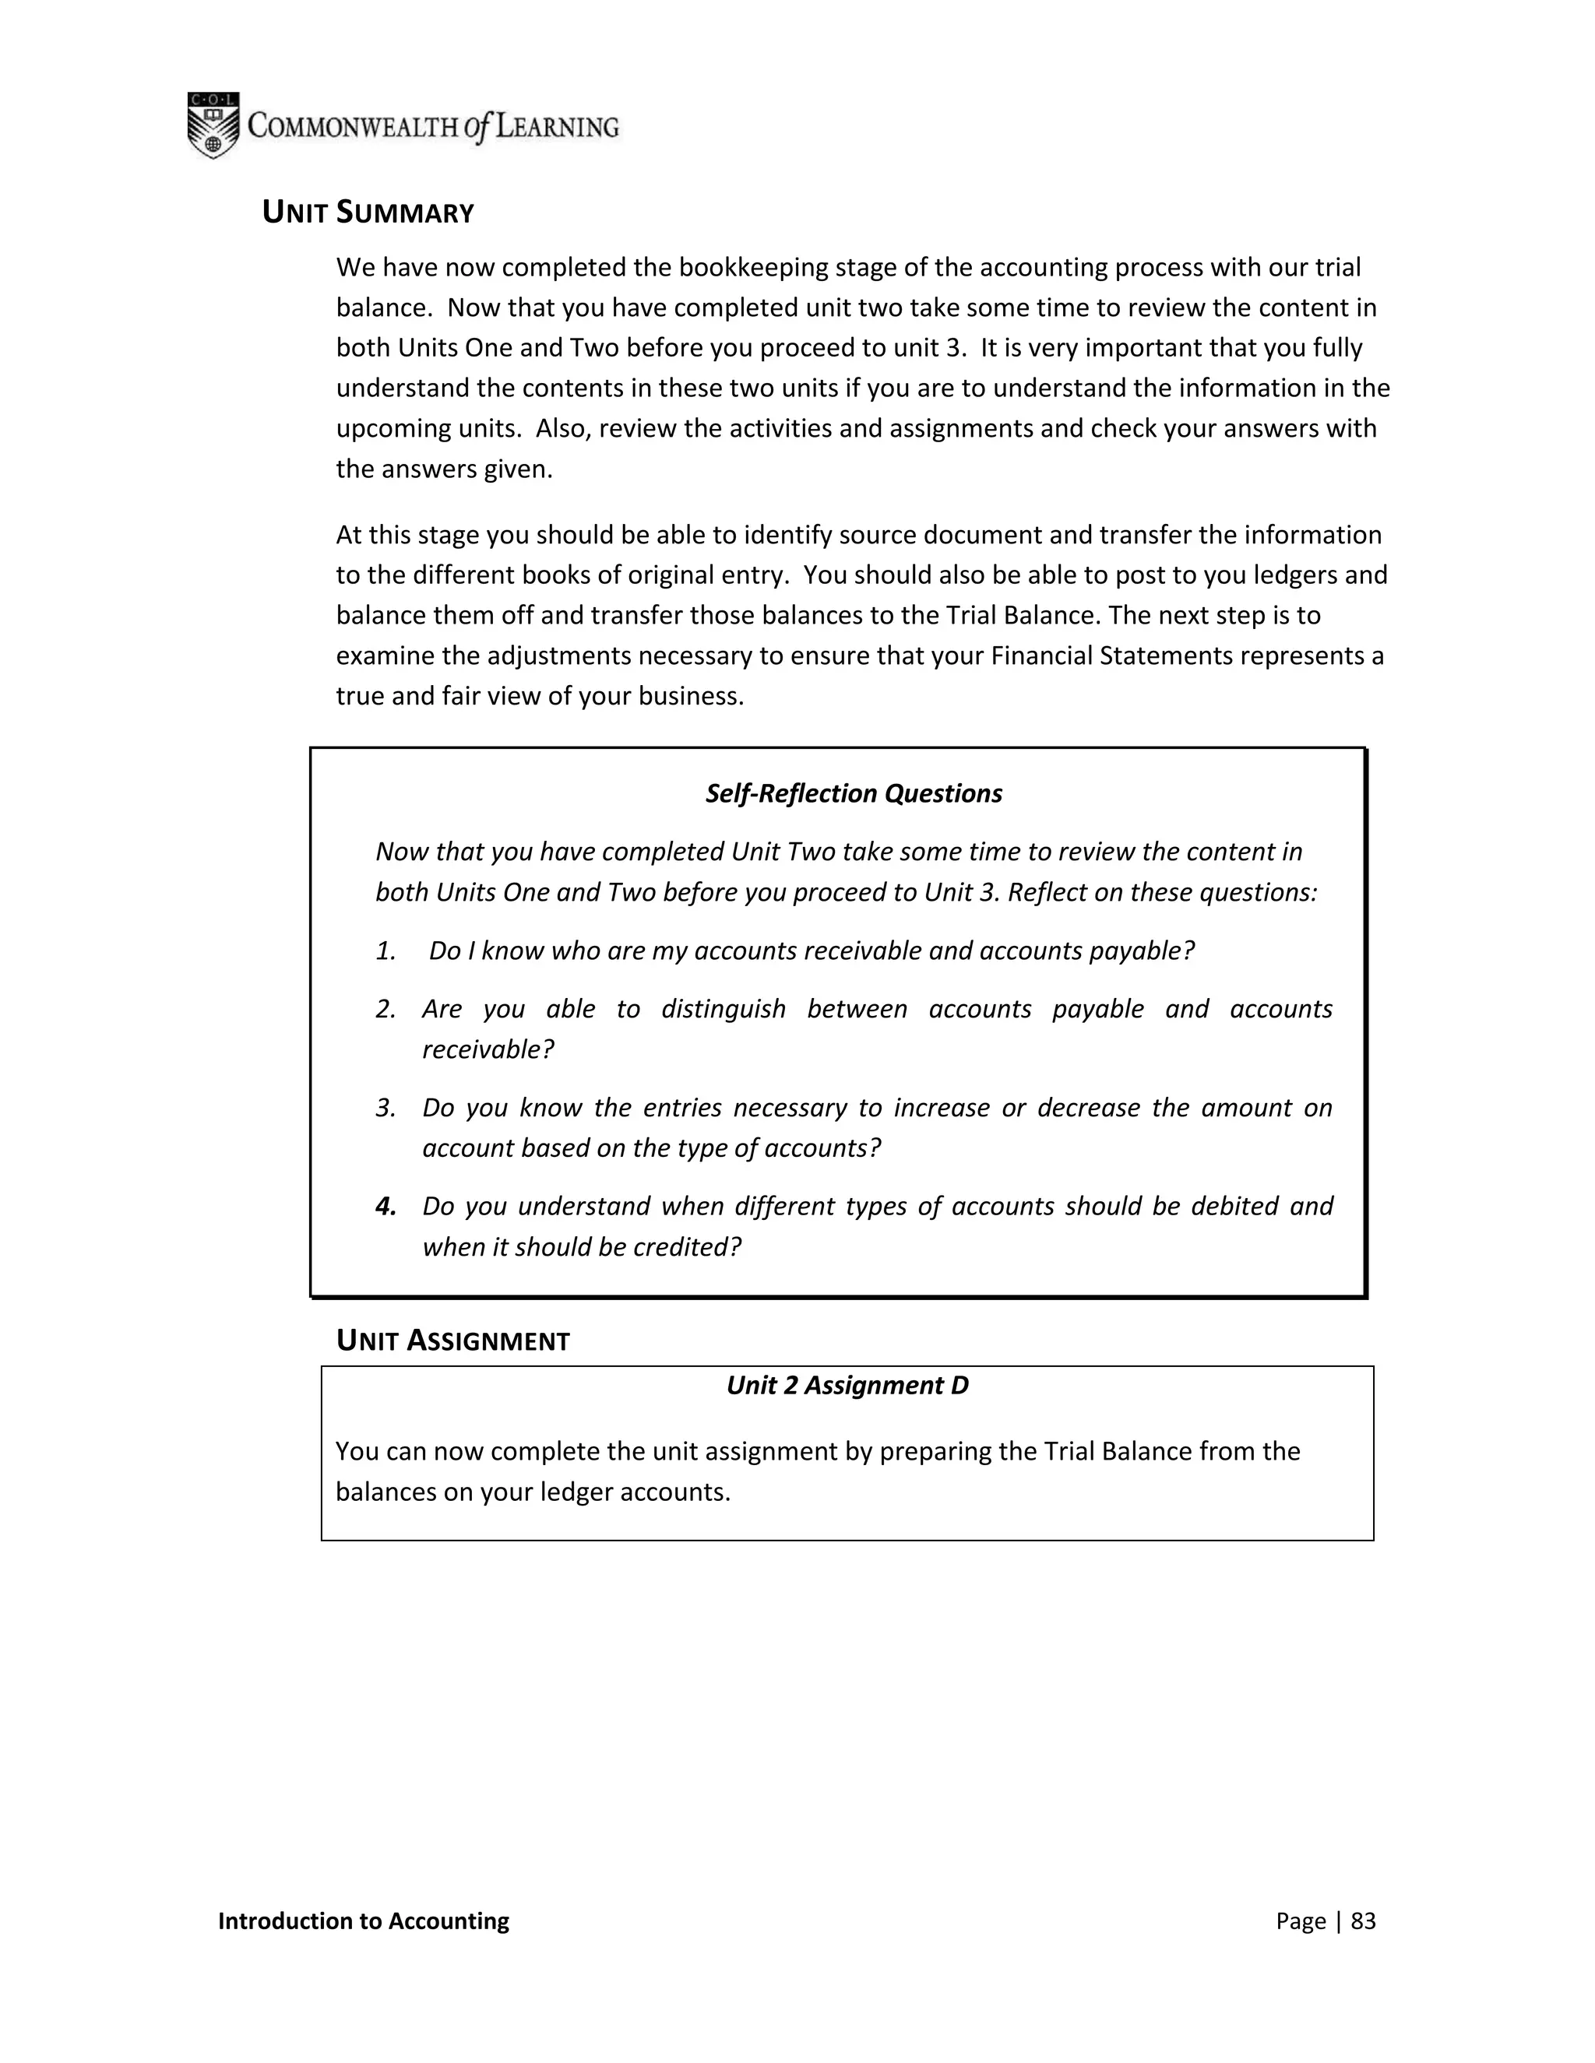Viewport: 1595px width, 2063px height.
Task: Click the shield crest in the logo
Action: tap(213, 125)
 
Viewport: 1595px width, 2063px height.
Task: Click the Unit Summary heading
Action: tap(368, 213)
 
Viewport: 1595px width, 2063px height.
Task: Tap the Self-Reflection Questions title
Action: tap(854, 793)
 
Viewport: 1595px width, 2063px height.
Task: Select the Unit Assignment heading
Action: tap(452, 1341)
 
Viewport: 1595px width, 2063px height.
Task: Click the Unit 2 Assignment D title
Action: tap(847, 1386)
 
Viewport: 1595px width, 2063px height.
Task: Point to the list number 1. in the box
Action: tap(386, 951)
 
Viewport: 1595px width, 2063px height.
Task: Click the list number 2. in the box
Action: tap(386, 1010)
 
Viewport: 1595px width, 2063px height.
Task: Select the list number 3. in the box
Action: tap(386, 1108)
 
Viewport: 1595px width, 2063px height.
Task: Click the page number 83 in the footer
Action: tap(1363, 1921)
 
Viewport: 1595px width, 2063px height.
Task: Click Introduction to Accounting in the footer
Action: tap(363, 1921)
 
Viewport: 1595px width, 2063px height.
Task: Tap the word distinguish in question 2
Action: tap(723, 1010)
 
